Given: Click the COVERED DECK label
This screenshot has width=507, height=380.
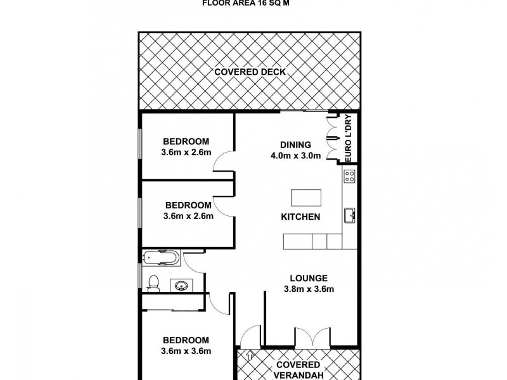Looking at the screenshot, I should pos(250,72).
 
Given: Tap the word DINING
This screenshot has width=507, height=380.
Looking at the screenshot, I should pos(295,144).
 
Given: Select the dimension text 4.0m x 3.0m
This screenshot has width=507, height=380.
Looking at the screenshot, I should pos(295,155).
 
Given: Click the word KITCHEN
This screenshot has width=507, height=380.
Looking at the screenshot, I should pos(300,217).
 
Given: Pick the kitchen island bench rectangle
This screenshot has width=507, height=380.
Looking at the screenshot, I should pos(305,198).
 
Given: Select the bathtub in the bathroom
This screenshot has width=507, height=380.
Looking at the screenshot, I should pos(162,258).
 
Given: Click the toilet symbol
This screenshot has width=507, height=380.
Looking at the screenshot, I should pos(152,283).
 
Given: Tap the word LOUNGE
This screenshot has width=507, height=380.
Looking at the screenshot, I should pos(309,278).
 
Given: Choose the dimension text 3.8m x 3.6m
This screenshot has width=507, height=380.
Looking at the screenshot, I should pos(309,289).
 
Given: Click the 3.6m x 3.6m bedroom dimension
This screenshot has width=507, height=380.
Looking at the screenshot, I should pos(186,351).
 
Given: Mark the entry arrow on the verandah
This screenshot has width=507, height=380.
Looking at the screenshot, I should pos(251,356).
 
